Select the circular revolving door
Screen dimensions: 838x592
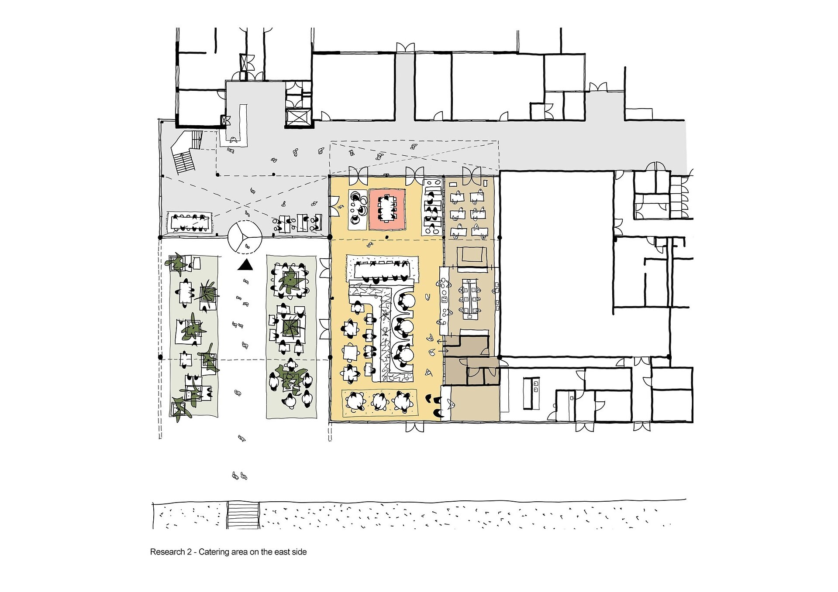click(245, 237)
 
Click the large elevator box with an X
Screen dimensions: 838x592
click(297, 118)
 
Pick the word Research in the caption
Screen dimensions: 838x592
click(168, 552)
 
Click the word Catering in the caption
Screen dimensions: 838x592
click(213, 552)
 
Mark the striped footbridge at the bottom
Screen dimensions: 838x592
click(243, 516)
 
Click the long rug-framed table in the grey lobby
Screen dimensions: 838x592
click(190, 222)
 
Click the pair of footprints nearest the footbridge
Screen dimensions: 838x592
click(240, 476)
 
